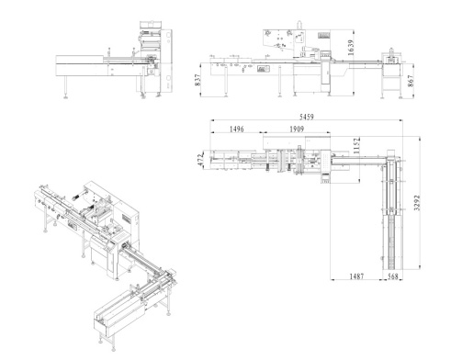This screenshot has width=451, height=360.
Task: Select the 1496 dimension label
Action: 236,129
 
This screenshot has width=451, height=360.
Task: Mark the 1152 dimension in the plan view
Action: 356,144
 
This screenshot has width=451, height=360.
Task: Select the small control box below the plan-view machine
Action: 326,181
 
